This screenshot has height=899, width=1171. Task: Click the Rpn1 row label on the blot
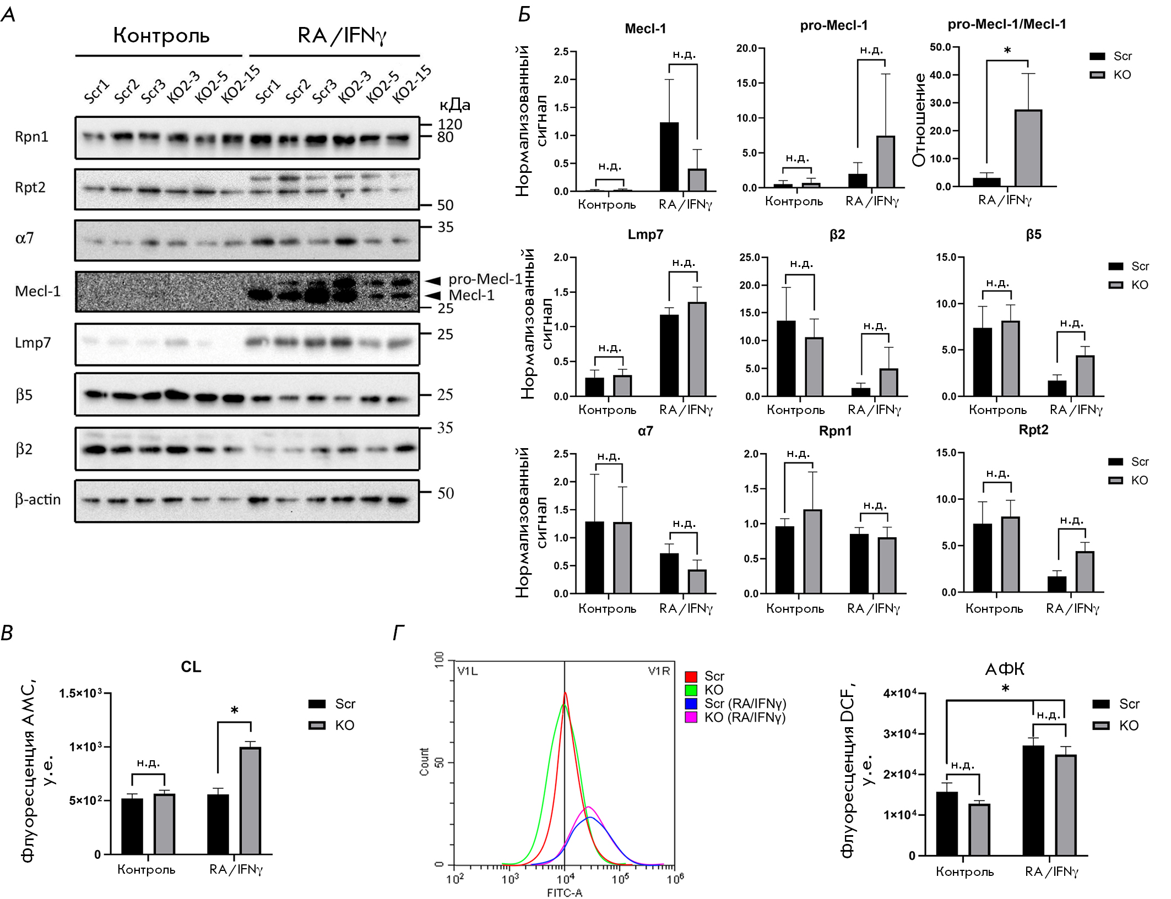[x=31, y=137]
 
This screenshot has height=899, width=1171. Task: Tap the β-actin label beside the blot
[x=37, y=499]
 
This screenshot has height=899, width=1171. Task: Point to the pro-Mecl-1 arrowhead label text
[x=485, y=279]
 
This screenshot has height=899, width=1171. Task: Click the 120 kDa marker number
[x=449, y=124]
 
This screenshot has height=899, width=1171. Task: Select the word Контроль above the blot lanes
[x=161, y=36]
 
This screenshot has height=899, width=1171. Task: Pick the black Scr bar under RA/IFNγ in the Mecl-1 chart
[x=669, y=157]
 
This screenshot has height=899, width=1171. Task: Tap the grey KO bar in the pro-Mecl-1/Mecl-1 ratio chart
[x=1028, y=149]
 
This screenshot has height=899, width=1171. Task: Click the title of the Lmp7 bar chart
[x=645, y=235]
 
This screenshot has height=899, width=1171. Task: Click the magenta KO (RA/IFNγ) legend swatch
[x=691, y=717]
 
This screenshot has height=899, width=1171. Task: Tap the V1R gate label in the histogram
[x=659, y=671]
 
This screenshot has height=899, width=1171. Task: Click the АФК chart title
[x=1005, y=669]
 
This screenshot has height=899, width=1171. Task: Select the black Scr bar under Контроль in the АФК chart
[x=946, y=824]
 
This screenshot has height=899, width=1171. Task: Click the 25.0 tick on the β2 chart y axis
[x=750, y=258]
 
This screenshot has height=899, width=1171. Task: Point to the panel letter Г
[x=398, y=633]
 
